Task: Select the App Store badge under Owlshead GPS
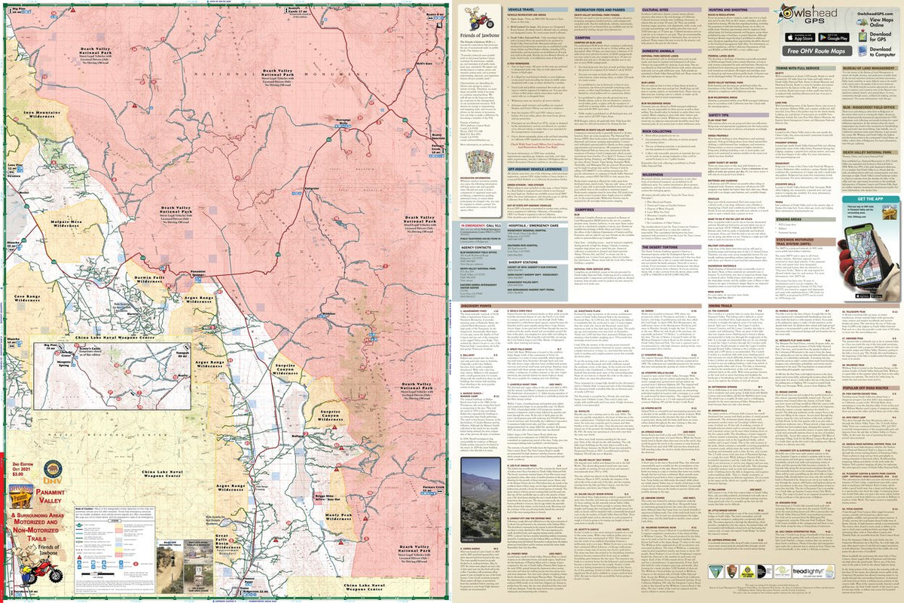pos(801,36)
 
